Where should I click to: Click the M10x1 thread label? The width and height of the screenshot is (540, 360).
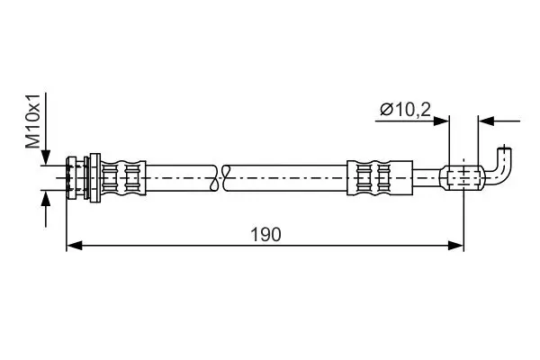tap(33, 121)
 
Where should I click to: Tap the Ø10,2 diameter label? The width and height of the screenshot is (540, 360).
tap(405, 110)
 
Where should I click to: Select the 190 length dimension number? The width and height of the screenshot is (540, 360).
tap(265, 235)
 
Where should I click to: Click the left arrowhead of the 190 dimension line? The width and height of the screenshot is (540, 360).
tap(74, 246)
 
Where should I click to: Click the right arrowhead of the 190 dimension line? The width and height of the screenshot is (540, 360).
tap(455, 246)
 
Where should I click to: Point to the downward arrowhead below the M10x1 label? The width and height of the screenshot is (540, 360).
tap(46, 157)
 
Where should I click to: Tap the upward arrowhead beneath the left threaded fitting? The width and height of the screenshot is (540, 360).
tap(46, 199)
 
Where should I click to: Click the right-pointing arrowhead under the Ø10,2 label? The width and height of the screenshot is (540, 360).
tap(441, 121)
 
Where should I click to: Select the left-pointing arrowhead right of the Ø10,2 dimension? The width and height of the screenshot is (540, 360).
tap(486, 121)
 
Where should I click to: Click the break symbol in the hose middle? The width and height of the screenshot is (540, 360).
tap(221, 178)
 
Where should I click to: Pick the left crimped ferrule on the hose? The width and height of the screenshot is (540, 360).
tap(123, 178)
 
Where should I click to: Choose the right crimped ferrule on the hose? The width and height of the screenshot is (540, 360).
tap(380, 178)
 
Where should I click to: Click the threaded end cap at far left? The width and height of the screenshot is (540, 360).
tap(71, 178)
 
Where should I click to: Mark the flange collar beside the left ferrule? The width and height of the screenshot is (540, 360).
tap(94, 178)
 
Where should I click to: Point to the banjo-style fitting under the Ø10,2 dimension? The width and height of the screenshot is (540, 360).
tap(463, 178)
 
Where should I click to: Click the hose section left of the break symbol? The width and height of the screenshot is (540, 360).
tap(180, 178)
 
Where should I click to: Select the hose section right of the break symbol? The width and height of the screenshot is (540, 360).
tap(287, 178)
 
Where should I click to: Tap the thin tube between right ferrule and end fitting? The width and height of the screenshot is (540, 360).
tap(427, 178)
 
